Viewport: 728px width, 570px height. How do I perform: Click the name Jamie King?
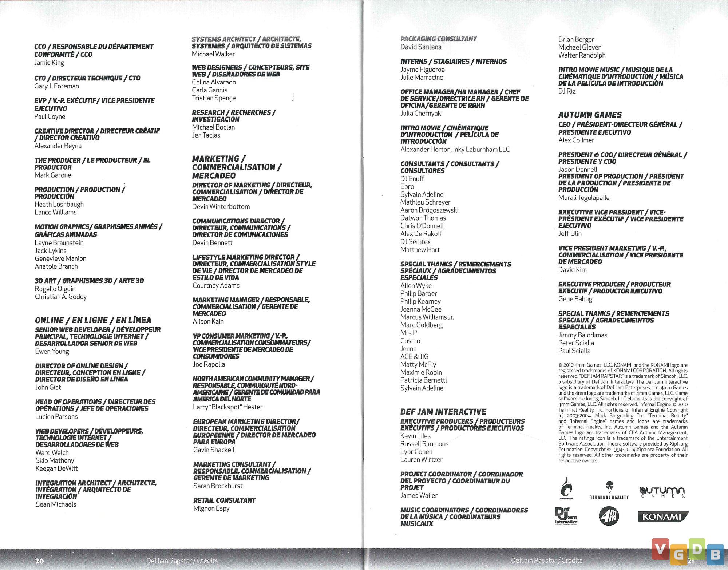point(49,63)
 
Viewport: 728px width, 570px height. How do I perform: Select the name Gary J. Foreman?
point(56,86)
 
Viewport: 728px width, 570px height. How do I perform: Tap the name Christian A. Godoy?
point(61,297)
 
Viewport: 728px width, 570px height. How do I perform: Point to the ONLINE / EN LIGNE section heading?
point(93,320)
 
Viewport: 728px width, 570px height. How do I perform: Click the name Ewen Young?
point(52,351)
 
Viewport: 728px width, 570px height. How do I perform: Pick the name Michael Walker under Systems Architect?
point(213,54)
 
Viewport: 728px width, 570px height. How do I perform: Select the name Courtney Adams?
point(216,286)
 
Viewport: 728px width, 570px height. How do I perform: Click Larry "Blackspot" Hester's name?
point(227,407)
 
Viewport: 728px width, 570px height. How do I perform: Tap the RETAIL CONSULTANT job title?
point(224,500)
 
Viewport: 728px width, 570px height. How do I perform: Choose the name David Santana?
point(421,47)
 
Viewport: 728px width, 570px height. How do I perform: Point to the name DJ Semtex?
point(415,242)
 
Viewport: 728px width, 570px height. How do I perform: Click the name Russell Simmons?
point(424,444)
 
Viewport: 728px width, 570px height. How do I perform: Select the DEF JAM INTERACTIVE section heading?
point(443,412)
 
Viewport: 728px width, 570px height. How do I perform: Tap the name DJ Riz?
point(567,91)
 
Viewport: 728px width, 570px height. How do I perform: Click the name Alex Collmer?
point(576,140)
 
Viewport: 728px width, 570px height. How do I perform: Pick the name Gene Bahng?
point(575,299)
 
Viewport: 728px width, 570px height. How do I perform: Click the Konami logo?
point(663,517)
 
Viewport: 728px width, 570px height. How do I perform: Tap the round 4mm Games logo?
point(609,516)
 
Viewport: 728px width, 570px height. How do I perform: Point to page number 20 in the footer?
point(39,561)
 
